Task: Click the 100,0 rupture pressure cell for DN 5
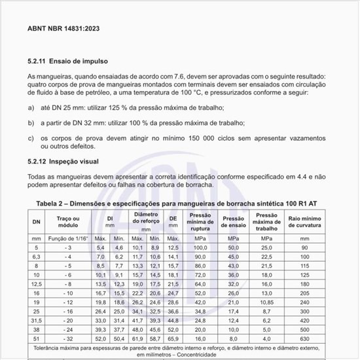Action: (x=200, y=248)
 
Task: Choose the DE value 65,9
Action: (x=173, y=340)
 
